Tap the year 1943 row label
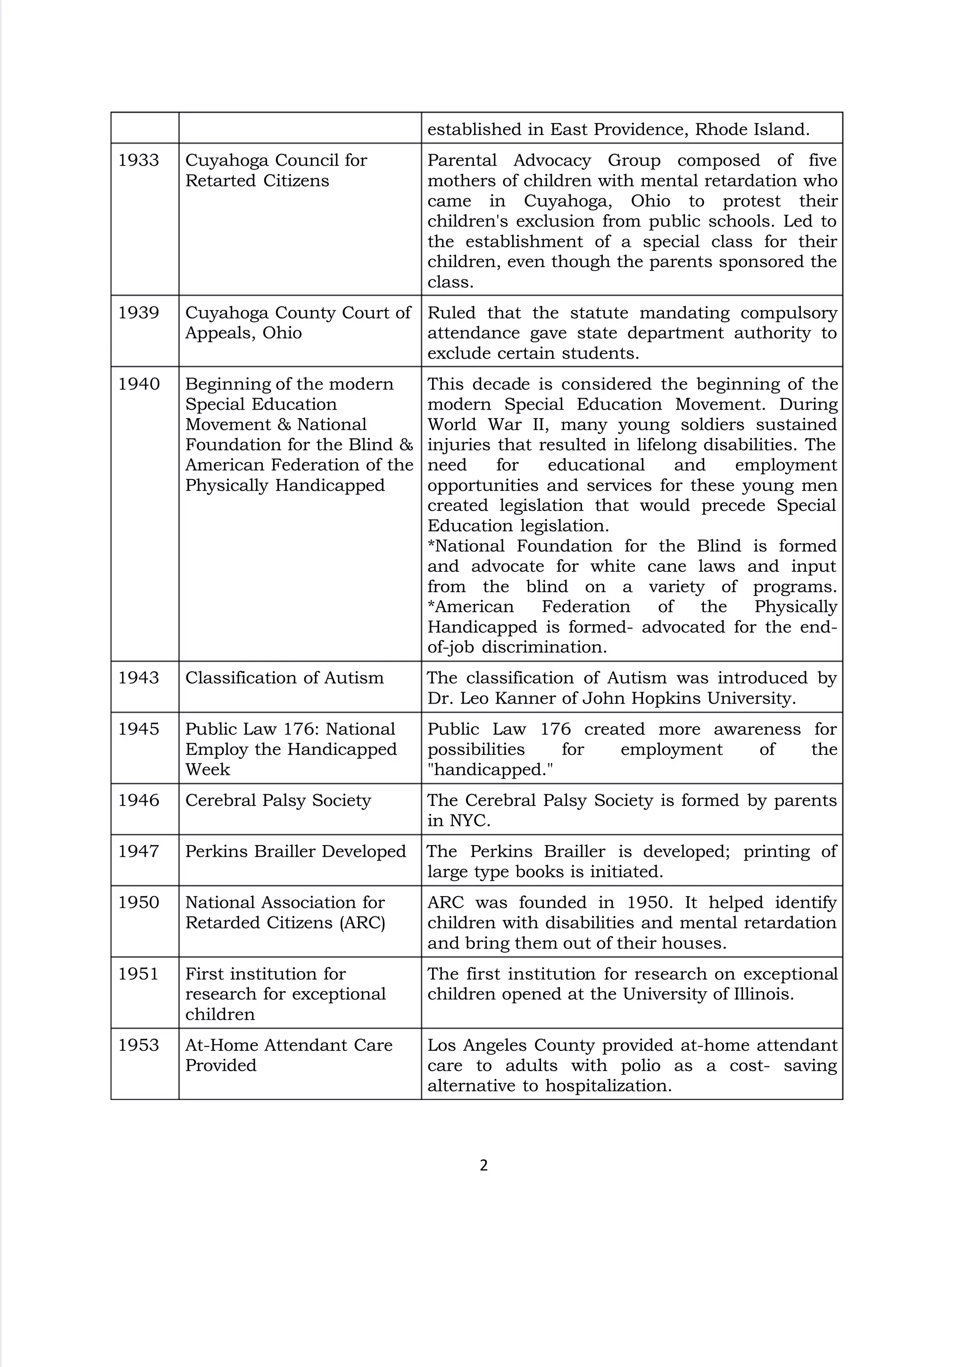[x=138, y=678]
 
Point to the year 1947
[x=138, y=851]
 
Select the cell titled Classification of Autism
[x=284, y=678]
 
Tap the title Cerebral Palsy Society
[x=277, y=800]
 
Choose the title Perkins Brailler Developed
[x=295, y=851]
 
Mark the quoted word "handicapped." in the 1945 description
[x=490, y=770]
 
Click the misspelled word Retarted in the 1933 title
[x=220, y=181]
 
